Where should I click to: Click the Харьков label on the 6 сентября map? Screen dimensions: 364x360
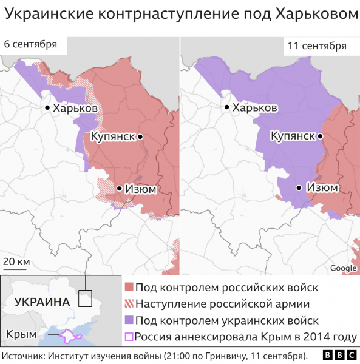pos(75,108)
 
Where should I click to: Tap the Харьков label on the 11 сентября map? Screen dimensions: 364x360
pos(255,107)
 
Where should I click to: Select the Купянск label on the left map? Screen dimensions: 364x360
pos(112,136)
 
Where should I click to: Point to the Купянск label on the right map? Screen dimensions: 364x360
pos(292,136)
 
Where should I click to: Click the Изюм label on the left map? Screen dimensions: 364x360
pos(141,189)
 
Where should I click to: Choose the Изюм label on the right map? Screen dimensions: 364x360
pos(322,188)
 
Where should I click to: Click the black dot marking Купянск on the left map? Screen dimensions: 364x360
pos(140,137)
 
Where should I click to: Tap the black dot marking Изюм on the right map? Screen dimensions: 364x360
pos(299,188)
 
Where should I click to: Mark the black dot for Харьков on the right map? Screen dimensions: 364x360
pos(226,107)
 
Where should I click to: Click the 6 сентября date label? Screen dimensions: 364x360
pos(30,44)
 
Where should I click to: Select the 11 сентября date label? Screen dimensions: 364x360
pos(317,46)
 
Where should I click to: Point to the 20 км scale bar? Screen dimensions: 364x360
pos(16,262)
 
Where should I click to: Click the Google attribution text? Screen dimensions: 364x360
pos(343,268)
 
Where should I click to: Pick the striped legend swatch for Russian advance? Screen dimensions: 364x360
pos(129,304)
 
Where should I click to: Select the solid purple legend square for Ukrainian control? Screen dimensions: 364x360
pos(129,320)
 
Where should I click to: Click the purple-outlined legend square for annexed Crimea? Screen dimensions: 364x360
pos(129,337)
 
